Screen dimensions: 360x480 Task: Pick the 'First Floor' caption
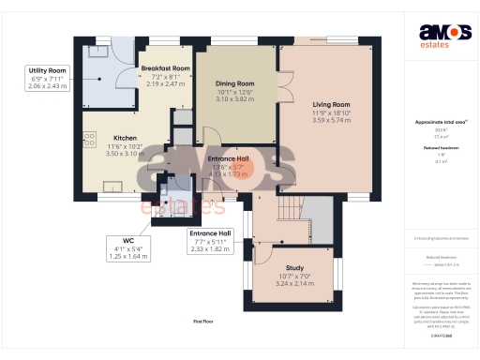pos(205,322)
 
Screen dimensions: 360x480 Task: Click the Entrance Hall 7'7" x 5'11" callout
pos(211,240)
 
